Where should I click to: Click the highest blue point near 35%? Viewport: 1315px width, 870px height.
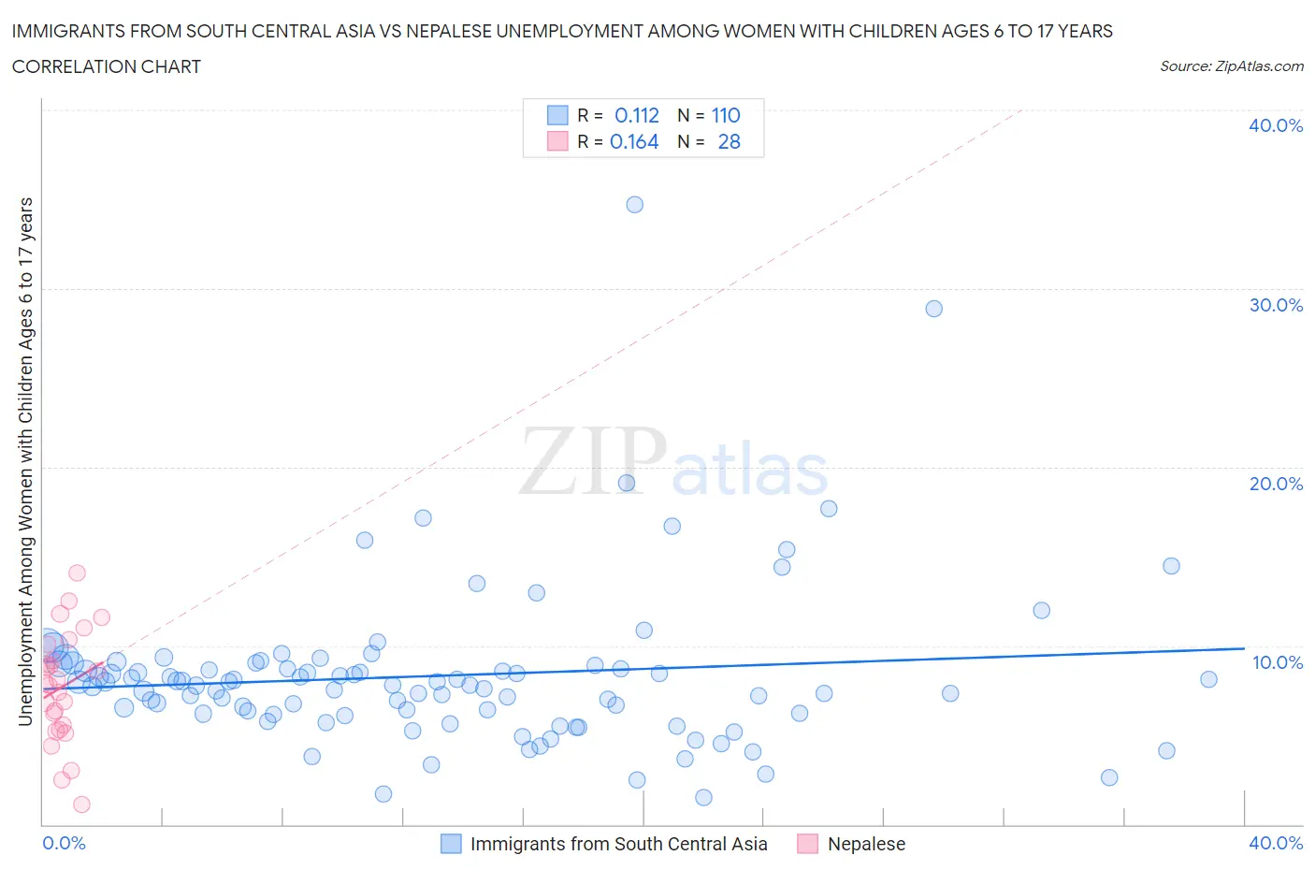634,205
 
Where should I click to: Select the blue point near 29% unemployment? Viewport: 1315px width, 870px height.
933,309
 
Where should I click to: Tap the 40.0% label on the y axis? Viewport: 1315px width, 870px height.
1275,125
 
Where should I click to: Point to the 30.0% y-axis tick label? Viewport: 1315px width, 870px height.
1275,305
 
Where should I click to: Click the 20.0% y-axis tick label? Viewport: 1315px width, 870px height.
1275,484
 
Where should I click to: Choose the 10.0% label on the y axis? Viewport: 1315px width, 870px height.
1277,662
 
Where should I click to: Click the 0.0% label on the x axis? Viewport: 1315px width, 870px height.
64,843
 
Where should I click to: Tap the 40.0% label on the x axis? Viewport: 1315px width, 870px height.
1275,843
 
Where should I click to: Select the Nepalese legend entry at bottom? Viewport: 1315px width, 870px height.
865,844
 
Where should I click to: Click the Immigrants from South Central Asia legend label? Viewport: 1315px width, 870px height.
618,844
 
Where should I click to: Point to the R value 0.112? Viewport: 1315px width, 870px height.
636,115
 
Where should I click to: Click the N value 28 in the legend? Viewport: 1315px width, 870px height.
729,141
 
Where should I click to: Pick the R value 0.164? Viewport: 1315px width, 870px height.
634,141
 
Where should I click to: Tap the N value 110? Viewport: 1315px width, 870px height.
725,115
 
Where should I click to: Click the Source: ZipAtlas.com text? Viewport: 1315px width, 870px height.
1231,65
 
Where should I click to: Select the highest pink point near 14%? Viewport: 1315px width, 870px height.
77,573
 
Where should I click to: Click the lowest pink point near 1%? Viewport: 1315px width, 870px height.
81,805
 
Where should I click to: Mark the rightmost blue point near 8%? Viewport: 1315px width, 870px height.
1208,679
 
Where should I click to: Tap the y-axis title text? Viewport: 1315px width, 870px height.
25,461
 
